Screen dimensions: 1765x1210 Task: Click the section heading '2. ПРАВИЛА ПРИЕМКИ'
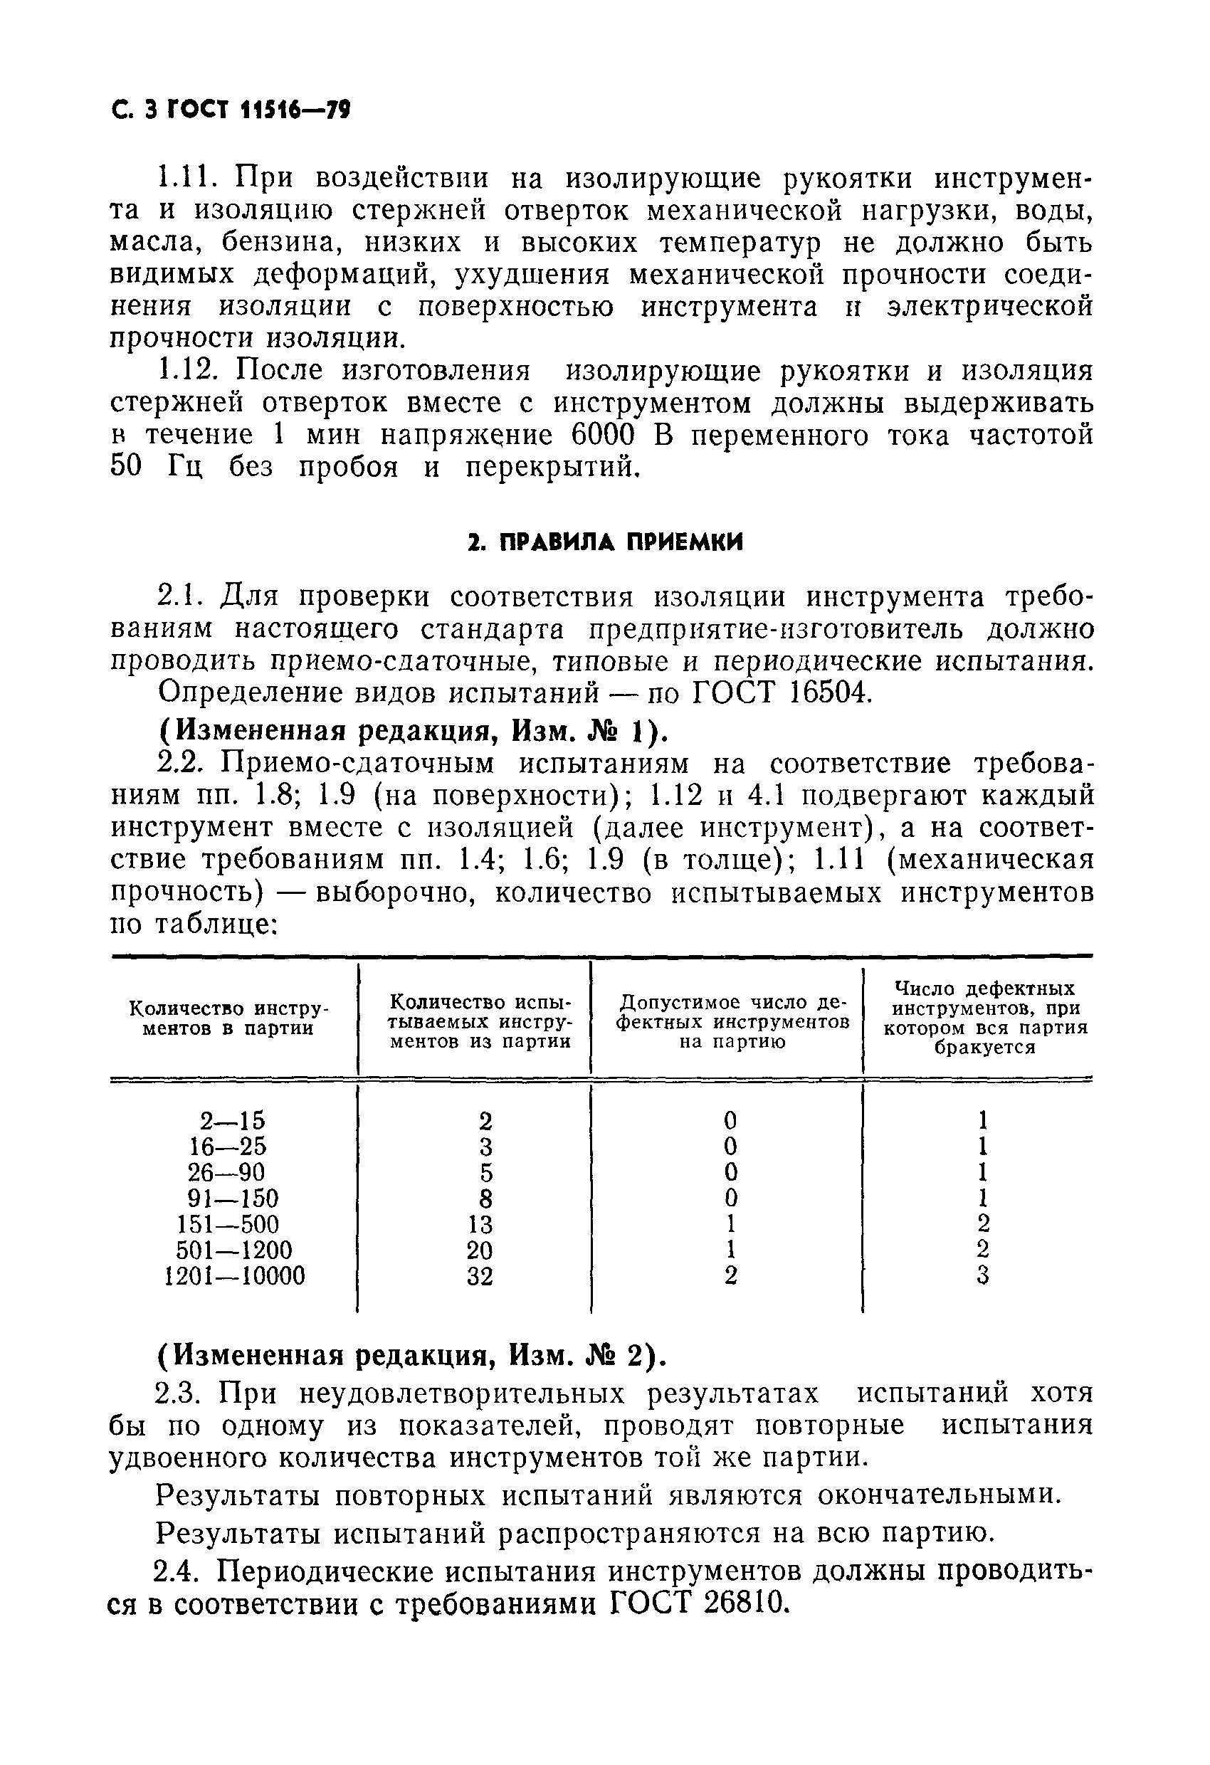pyautogui.click(x=604, y=542)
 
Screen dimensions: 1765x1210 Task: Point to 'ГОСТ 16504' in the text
pyautogui.click(x=782, y=692)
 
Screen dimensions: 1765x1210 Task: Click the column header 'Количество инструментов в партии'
pyautogui.click(x=228, y=1018)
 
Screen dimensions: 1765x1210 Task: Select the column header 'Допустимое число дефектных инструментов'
pyautogui.click(x=732, y=1021)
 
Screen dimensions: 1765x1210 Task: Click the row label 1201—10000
pyautogui.click(x=234, y=1276)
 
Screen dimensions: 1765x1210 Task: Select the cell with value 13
pyautogui.click(x=480, y=1224)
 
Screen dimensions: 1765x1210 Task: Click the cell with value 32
pyautogui.click(x=480, y=1276)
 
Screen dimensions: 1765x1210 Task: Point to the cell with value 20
pyautogui.click(x=480, y=1250)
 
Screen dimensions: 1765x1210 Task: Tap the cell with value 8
pyautogui.click(x=485, y=1198)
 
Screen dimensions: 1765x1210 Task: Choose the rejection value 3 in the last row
pyautogui.click(x=983, y=1276)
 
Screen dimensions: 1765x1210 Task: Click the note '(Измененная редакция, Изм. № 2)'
pyautogui.click(x=411, y=1354)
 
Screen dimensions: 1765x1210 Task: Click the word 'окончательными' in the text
pyautogui.click(x=937, y=1495)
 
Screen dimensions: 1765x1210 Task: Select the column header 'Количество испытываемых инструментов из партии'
pyautogui.click(x=480, y=1021)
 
